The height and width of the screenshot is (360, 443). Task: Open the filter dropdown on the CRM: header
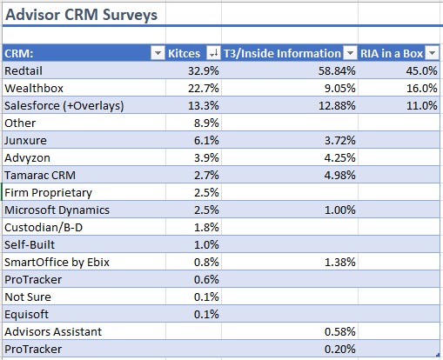[x=158, y=54]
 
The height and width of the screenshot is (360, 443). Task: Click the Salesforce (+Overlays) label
[x=64, y=106]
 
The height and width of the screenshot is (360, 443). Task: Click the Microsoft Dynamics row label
[x=57, y=210]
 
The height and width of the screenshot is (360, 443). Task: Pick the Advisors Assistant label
[x=53, y=331]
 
